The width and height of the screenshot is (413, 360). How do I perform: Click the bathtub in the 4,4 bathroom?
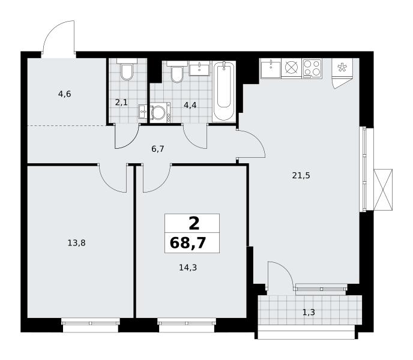(224, 91)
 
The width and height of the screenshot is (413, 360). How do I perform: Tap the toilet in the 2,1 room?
(127, 69)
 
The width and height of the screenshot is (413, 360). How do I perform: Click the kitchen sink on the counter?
(271, 68)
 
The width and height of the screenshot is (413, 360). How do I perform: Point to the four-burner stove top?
(312, 68)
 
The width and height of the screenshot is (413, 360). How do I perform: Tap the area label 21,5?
(301, 175)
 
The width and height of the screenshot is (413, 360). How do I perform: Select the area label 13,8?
(76, 242)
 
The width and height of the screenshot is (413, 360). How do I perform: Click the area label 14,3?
(188, 268)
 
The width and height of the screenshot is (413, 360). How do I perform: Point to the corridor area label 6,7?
(158, 149)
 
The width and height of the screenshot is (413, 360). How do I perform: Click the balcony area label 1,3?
(309, 313)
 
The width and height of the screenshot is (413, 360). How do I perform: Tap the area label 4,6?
(65, 94)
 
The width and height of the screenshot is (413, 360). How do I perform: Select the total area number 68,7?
(188, 242)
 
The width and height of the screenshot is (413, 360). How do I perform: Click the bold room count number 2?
(194, 224)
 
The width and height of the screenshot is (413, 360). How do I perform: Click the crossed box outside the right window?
(383, 190)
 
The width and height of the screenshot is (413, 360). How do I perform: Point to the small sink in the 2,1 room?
(143, 112)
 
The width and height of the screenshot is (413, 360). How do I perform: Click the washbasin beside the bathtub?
(199, 69)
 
